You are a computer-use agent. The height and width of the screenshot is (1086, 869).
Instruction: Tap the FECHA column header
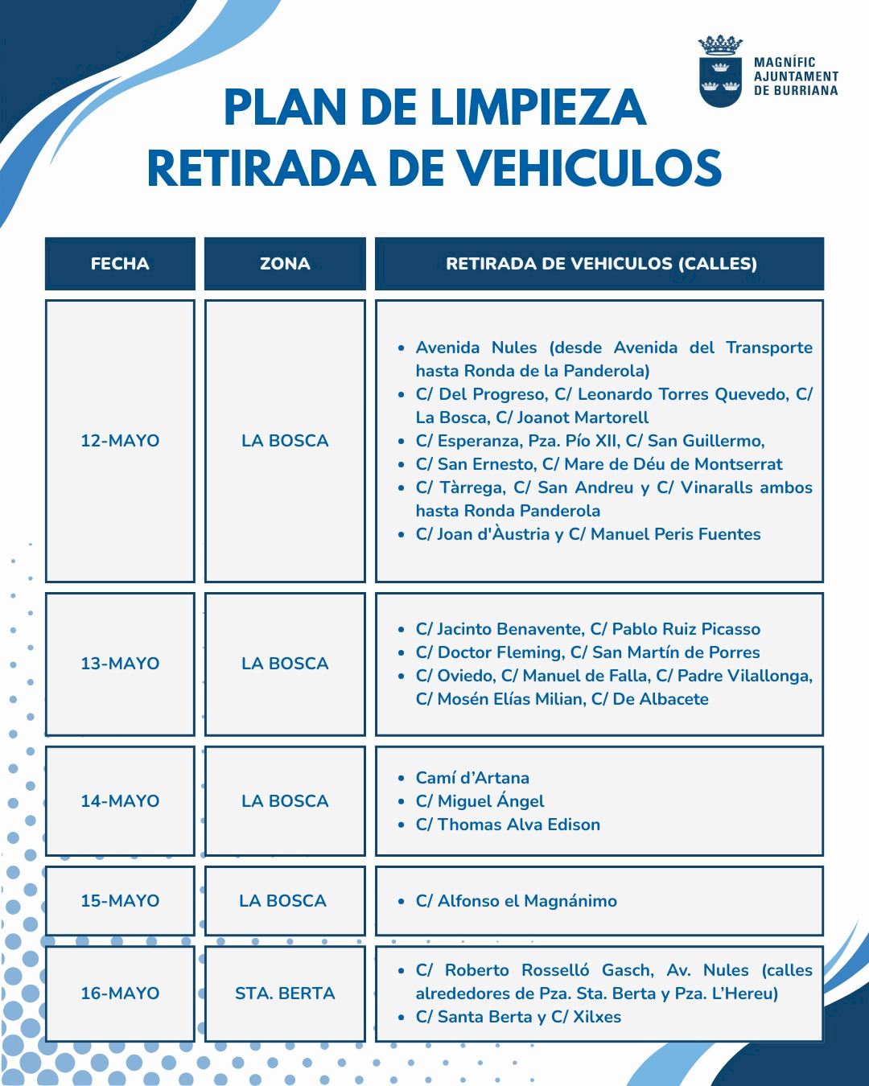(120, 264)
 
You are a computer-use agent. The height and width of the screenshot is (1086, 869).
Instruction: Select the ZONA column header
(285, 264)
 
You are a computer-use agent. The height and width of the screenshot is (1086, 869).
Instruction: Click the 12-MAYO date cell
(120, 441)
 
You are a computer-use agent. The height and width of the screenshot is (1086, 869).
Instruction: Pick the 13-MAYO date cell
(120, 664)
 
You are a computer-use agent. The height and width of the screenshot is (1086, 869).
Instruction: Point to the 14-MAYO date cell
(120, 801)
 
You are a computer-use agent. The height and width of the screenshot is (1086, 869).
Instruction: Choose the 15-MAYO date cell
(120, 901)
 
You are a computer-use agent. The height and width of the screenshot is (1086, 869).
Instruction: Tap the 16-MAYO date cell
(120, 993)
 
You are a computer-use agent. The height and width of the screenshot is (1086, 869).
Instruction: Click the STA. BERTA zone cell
(285, 993)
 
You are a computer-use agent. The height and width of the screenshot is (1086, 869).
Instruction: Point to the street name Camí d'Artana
(472, 778)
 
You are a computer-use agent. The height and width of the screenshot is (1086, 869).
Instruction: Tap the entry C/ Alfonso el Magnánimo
(516, 901)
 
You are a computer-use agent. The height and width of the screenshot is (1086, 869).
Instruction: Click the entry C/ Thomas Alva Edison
(508, 825)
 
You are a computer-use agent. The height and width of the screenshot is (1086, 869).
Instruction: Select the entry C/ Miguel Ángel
(480, 801)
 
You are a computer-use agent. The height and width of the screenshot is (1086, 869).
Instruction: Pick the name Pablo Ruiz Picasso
(686, 629)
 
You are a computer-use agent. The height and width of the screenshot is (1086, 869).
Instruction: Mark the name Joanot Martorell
(583, 418)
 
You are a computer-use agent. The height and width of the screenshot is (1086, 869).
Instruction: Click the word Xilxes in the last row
(596, 1017)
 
